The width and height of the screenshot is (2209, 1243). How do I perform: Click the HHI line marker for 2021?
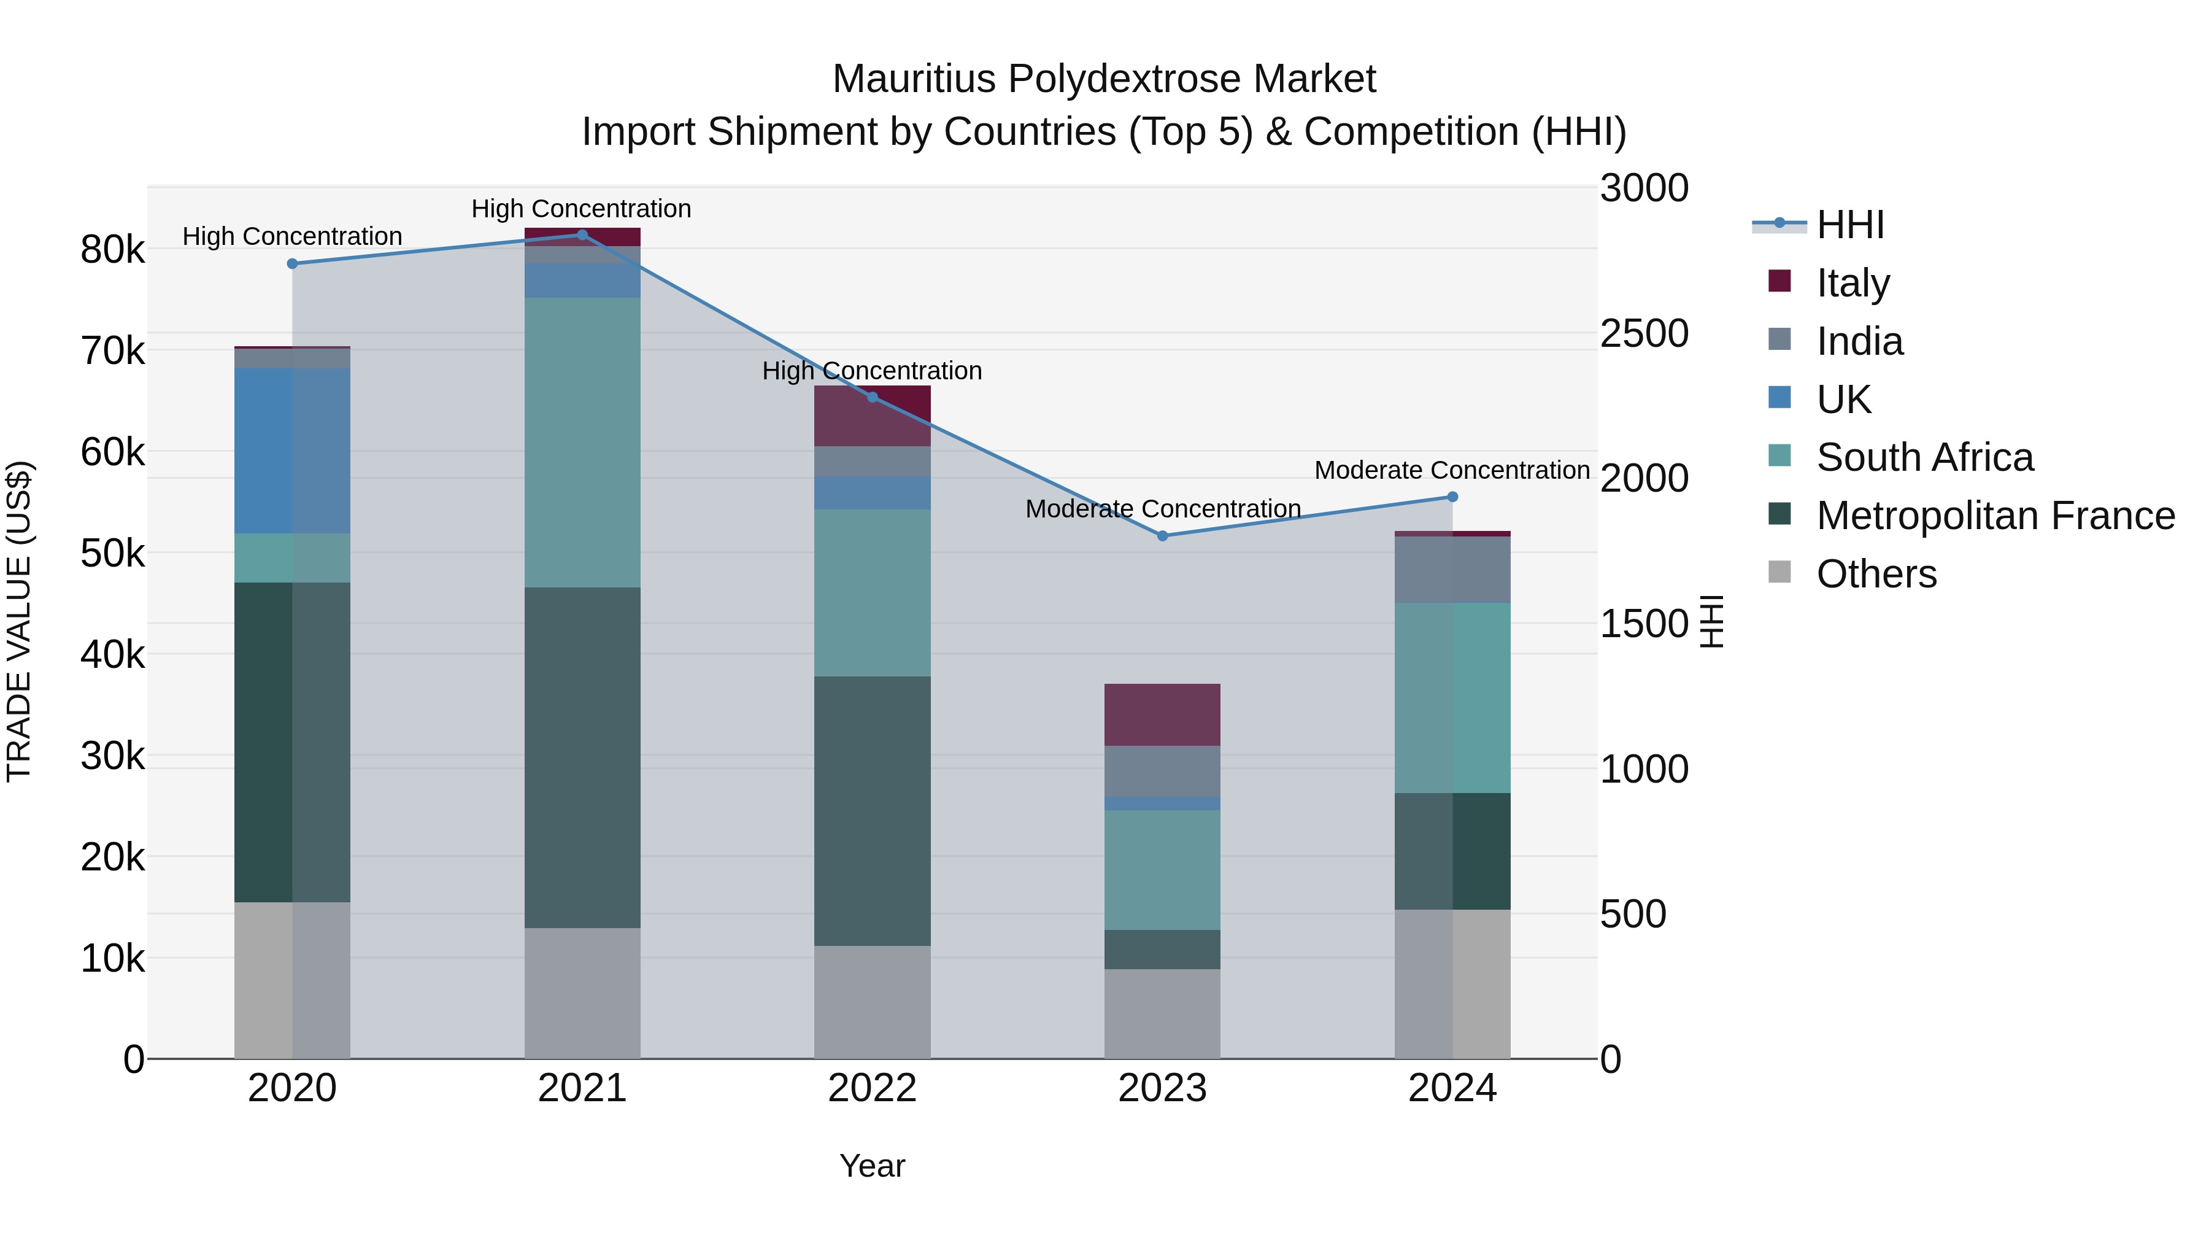582,235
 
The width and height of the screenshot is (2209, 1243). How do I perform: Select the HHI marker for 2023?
1163,536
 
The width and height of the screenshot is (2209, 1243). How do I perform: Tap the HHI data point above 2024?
1452,497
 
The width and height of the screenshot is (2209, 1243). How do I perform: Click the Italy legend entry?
1852,282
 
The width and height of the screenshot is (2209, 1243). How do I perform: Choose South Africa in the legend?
1924,457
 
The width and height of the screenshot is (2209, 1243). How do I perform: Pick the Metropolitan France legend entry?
1995,516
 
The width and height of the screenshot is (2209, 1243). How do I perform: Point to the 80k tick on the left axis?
112,250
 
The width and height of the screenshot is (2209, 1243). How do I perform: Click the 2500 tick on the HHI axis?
1644,334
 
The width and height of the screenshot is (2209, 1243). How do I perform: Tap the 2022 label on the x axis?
872,1088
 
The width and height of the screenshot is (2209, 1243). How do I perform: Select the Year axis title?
872,1166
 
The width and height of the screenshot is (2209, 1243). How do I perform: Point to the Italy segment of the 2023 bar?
1162,714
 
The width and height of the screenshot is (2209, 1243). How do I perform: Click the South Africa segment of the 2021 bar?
582,442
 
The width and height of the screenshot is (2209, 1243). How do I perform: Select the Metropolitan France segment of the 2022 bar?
872,811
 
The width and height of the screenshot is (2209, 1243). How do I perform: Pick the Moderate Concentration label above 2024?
1452,470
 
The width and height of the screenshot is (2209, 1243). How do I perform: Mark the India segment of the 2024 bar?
1452,570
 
